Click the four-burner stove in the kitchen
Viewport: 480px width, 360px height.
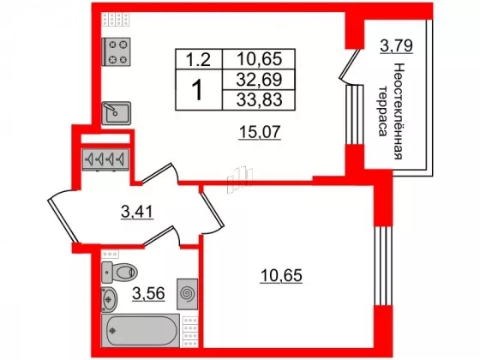click(x=116, y=51)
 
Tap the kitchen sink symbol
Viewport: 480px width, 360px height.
click(x=117, y=113)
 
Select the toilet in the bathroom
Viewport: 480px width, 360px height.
click(x=119, y=272)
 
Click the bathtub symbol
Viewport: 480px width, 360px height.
click(x=141, y=331)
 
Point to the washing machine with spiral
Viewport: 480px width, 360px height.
click(x=188, y=294)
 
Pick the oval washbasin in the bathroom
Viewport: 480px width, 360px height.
click(x=109, y=299)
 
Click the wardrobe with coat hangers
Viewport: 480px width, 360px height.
click(x=105, y=159)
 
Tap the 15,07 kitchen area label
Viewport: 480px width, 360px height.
click(x=260, y=132)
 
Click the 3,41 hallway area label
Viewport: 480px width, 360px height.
click(x=137, y=211)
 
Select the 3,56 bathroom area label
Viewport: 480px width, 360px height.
click(x=149, y=293)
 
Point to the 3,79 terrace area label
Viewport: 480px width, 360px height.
click(x=396, y=46)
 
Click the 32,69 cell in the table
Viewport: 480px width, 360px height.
click(x=259, y=80)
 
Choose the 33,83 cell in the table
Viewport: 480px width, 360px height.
click(x=259, y=99)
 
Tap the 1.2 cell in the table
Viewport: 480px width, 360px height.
click(x=199, y=59)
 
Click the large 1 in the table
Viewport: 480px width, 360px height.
click(x=198, y=89)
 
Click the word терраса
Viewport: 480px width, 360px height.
click(x=382, y=111)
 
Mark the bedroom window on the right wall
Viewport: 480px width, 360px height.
click(x=383, y=266)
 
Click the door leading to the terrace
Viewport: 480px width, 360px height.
click(x=350, y=66)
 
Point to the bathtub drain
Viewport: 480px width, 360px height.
click(x=113, y=331)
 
